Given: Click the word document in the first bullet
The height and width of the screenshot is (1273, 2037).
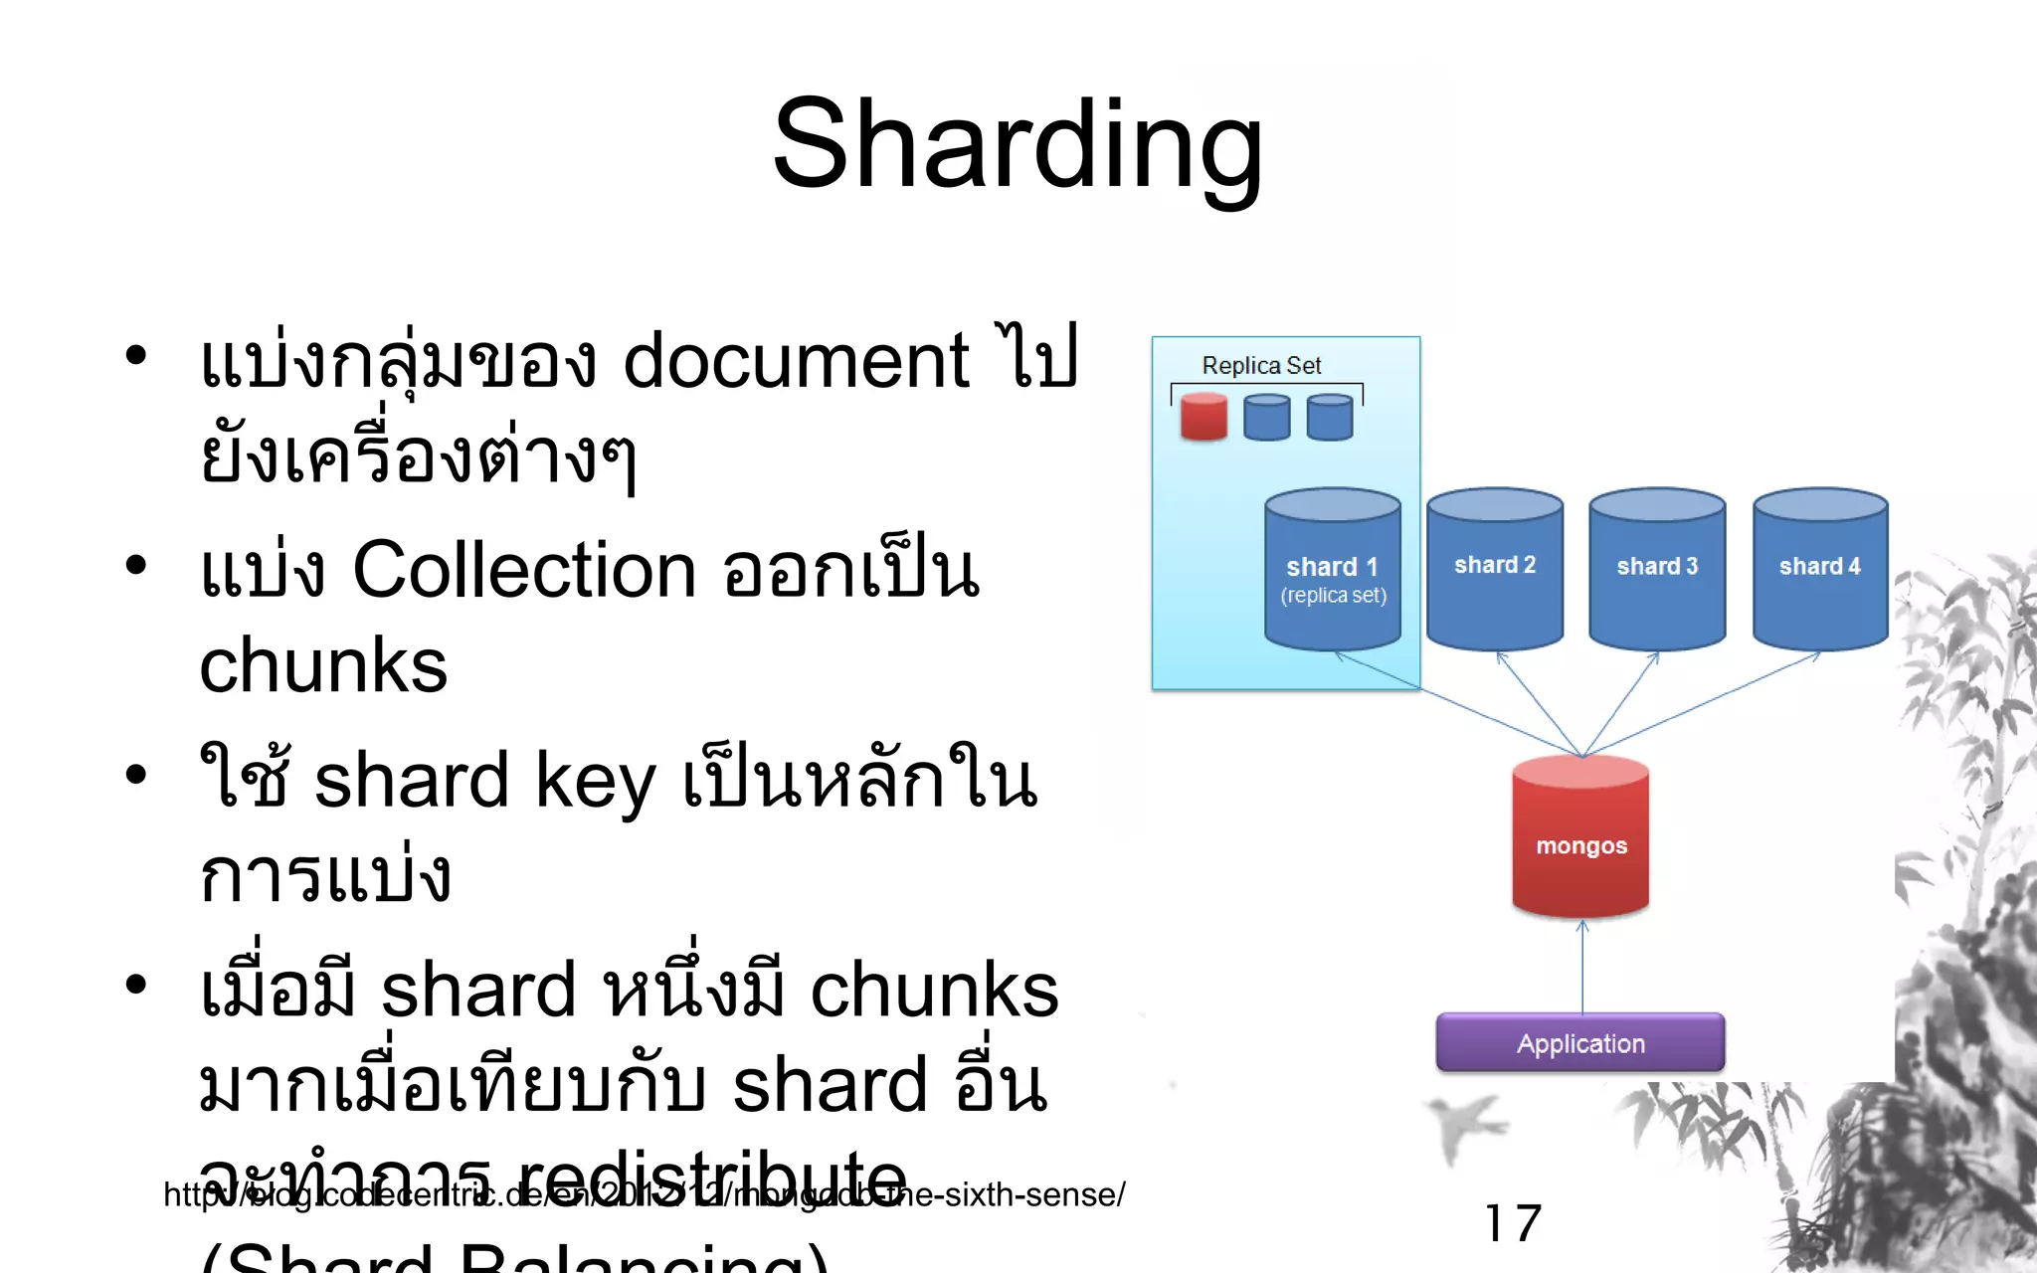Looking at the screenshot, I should pos(795,360).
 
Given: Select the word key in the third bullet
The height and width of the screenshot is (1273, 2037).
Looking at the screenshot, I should pos(595,782).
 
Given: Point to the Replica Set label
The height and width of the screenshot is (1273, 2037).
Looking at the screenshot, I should pos(1261,365).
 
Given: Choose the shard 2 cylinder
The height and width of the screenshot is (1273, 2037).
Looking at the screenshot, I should pos(1495,567).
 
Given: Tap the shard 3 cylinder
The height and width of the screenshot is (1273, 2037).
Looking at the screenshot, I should pos(1657,567).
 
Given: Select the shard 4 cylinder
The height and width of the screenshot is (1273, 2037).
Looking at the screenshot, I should pos(1820,567).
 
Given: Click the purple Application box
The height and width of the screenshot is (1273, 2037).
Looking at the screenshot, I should pos(1580,1043).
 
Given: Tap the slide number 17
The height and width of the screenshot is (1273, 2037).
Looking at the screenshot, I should pos(1513,1223).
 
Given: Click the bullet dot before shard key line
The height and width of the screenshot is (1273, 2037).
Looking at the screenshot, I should pos(136,774).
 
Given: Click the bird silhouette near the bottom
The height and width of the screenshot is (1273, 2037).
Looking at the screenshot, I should pos(1462,1124).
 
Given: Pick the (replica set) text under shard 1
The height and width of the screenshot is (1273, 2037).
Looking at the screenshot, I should pos(1333,596).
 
